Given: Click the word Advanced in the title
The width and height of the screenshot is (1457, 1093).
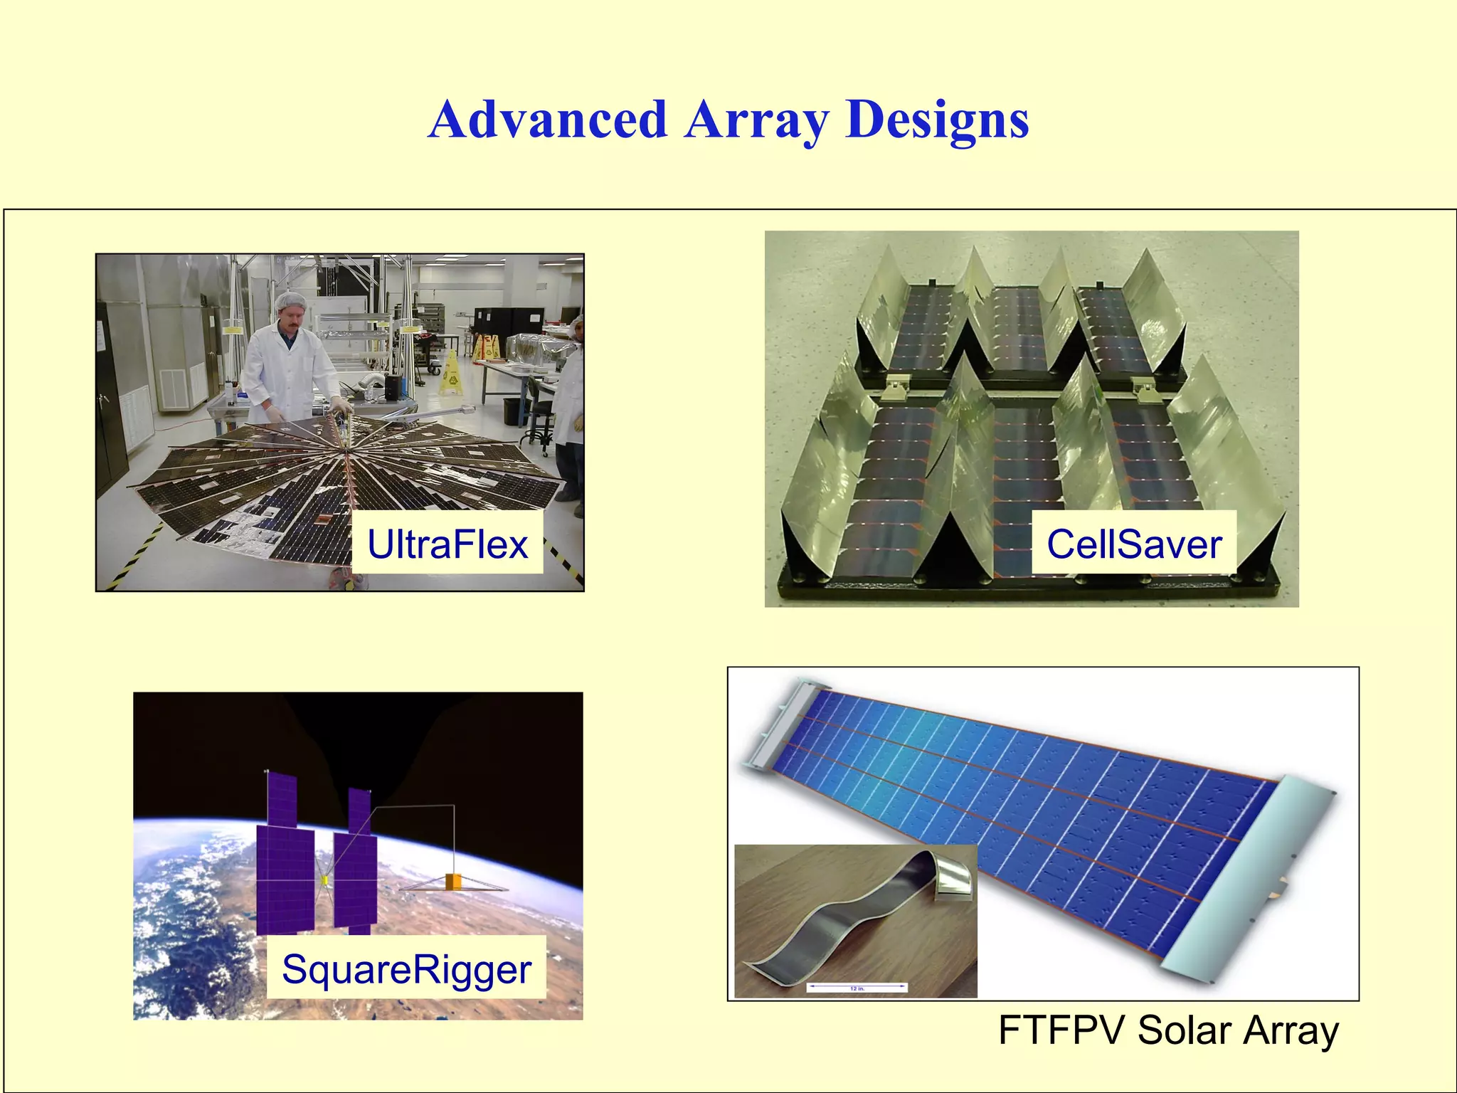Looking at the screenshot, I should [548, 120].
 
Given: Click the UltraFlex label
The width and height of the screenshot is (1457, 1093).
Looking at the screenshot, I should [447, 544].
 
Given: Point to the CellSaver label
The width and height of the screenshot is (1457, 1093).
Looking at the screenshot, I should [1134, 544].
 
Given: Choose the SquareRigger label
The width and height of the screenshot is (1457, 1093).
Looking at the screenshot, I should [406, 969].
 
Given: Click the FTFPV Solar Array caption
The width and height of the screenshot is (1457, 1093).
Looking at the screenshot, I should [1168, 1030].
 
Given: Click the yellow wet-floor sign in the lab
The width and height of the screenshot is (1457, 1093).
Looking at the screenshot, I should [450, 373].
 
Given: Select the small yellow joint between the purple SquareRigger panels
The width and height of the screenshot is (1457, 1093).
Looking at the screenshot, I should [324, 881].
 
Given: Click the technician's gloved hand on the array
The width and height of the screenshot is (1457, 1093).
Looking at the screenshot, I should [341, 407].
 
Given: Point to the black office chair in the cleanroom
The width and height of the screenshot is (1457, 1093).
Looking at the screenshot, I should [539, 419].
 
